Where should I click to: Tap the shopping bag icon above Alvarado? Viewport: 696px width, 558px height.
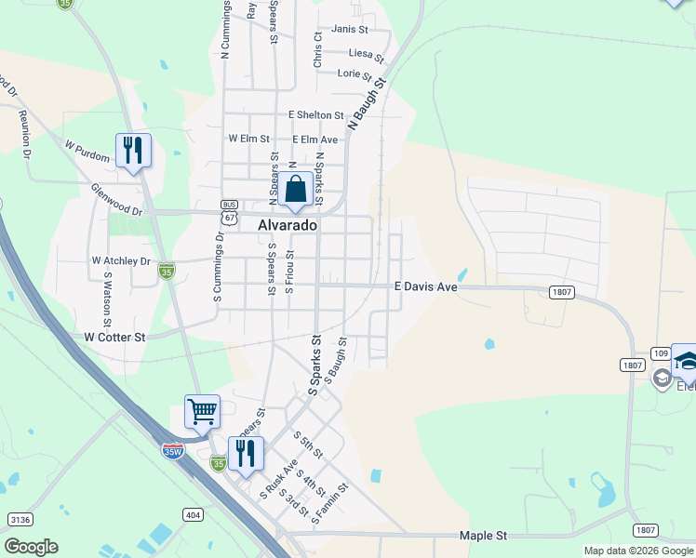(295, 189)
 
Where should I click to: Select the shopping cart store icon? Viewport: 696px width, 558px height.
(202, 410)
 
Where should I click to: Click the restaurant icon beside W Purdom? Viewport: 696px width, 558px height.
(133, 150)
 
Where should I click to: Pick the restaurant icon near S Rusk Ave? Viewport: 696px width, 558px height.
(246, 454)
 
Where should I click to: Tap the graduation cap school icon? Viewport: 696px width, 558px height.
(687, 361)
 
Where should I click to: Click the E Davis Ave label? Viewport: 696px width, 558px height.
(426, 287)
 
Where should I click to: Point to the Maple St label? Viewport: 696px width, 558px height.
(483, 536)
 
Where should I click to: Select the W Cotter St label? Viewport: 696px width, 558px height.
(115, 337)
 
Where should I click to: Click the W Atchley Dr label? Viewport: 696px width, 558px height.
(121, 261)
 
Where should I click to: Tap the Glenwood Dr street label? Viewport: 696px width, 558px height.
(116, 200)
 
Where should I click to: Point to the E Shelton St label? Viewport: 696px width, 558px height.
(316, 114)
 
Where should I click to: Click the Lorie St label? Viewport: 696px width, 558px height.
(355, 73)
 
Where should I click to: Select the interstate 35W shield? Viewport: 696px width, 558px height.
(173, 452)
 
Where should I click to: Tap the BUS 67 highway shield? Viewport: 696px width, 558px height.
(229, 211)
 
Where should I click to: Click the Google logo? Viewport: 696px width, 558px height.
(31, 547)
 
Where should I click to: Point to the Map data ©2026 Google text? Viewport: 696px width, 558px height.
(639, 551)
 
